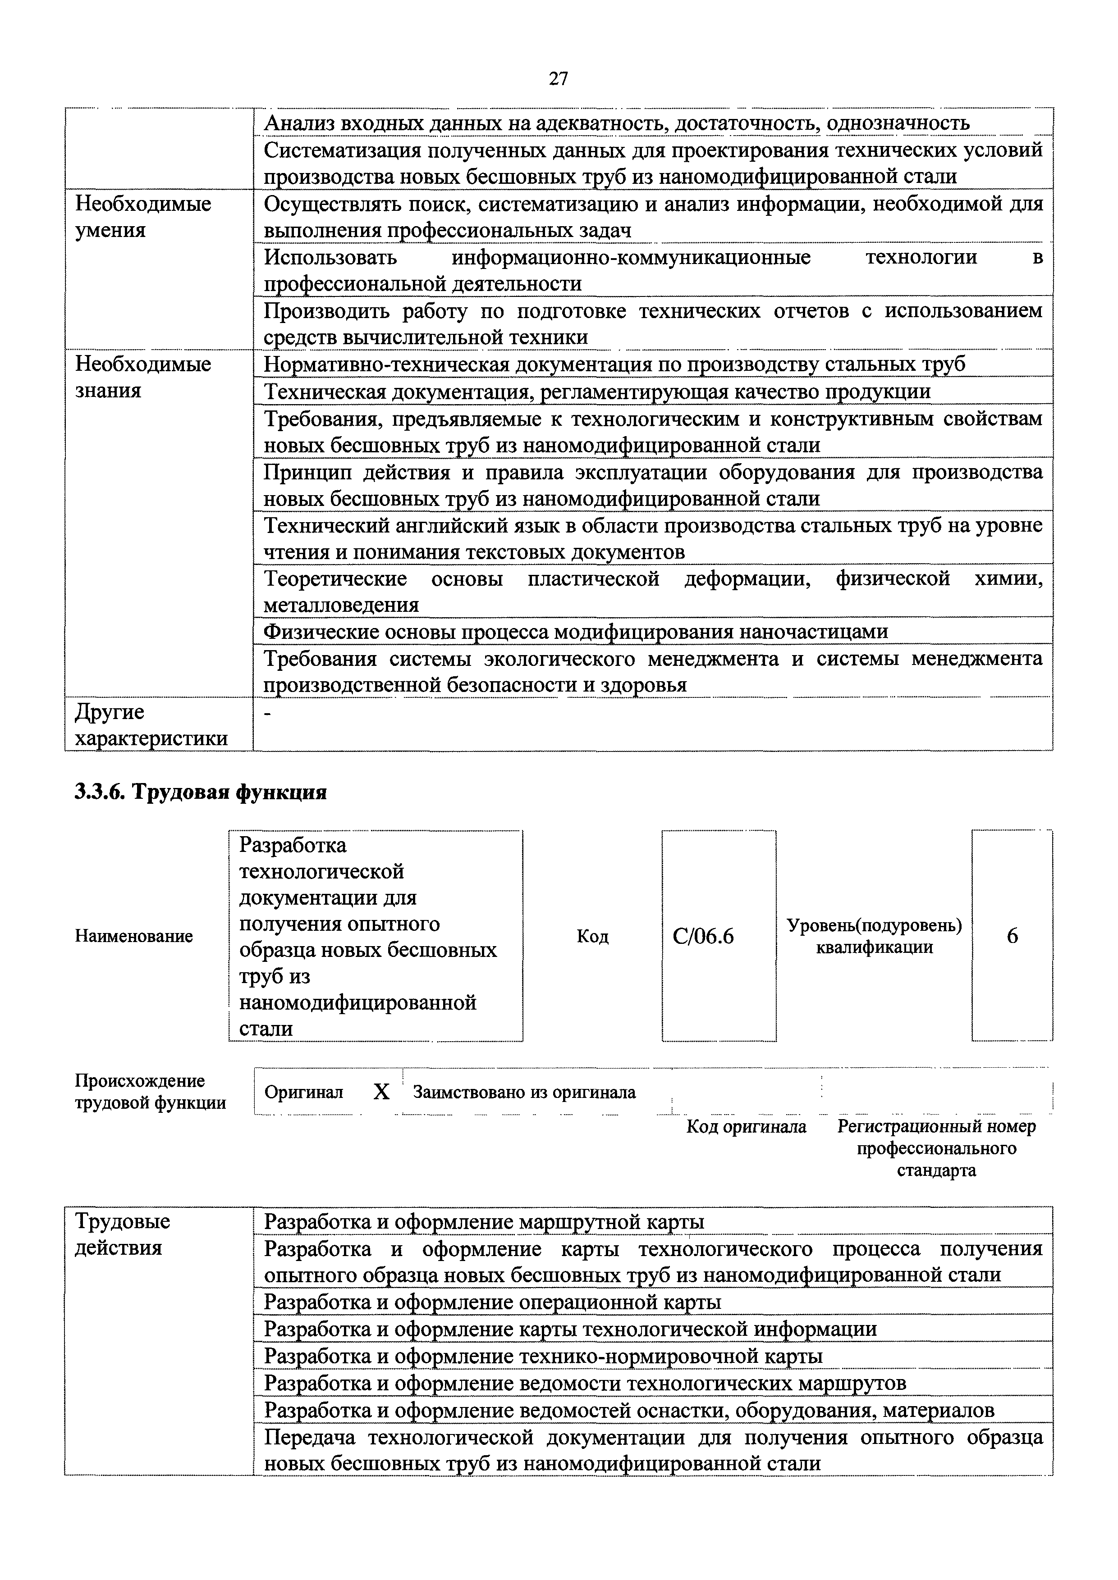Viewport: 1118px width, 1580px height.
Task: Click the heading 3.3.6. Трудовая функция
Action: tap(200, 793)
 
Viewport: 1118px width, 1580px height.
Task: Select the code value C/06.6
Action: tap(704, 937)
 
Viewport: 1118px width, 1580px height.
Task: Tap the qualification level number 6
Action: tap(1012, 937)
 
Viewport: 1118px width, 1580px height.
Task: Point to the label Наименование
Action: tap(133, 937)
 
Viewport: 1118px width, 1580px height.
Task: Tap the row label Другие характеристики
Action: tap(151, 725)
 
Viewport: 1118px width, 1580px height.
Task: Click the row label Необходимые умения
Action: tap(143, 217)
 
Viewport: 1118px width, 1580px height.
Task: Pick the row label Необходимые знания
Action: tap(143, 377)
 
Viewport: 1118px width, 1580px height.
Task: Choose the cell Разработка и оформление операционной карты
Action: tap(492, 1302)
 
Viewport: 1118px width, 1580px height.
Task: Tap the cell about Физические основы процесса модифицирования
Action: tap(576, 632)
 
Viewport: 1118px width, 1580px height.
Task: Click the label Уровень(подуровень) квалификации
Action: tap(874, 937)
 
